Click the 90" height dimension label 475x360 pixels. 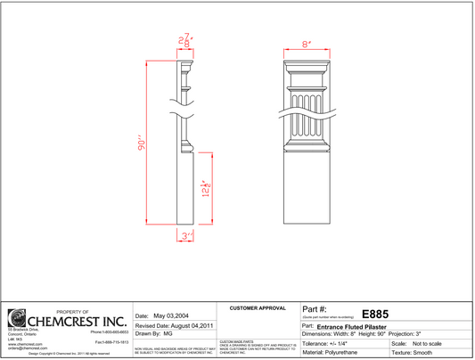point(141,147)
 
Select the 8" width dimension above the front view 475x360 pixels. point(306,43)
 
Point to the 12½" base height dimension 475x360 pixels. point(206,189)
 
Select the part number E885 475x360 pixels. point(373,314)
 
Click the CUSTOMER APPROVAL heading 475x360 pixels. point(258,307)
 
